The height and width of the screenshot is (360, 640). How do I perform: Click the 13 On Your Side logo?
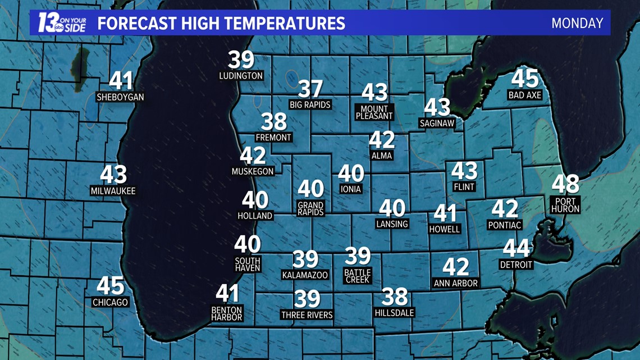click(61, 22)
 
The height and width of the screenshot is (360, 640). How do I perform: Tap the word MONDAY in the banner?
click(577, 23)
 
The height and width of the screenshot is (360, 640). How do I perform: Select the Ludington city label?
click(241, 75)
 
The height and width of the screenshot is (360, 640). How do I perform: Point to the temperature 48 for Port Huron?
click(565, 184)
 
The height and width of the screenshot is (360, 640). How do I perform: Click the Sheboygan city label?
click(120, 97)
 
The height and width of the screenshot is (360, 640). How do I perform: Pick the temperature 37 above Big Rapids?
click(310, 89)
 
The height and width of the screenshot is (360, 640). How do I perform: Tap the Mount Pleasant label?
click(374, 112)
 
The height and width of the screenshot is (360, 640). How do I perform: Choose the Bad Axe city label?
click(524, 95)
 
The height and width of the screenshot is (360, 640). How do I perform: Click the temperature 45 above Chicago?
click(110, 286)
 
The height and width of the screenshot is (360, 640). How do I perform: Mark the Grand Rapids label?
click(310, 209)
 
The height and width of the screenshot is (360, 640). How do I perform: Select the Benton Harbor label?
click(227, 313)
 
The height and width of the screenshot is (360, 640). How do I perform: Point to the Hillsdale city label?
click(394, 312)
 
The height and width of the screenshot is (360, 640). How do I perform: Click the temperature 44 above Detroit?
click(516, 248)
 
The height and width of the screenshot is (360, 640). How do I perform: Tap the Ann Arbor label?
click(455, 283)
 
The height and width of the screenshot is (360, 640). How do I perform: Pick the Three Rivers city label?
click(307, 315)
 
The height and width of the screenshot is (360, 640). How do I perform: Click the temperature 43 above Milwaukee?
click(113, 175)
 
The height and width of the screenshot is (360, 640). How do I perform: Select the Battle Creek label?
click(358, 276)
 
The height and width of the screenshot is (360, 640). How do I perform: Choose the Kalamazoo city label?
click(305, 275)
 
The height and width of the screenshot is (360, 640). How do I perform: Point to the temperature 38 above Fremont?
click(274, 121)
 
